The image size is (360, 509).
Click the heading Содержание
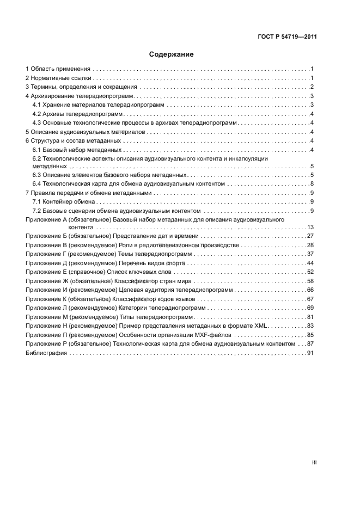coord(172,54)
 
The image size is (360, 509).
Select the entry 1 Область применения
coord(58,69)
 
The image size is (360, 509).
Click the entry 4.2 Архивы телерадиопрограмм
coord(77,114)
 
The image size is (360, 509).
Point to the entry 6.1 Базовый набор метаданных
coord(77,150)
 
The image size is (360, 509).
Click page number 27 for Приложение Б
coord(311,236)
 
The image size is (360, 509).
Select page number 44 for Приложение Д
coord(311,263)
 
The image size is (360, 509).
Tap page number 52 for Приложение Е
coord(311,272)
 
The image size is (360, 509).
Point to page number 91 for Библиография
coord(311,353)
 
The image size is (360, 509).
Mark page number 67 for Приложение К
coord(311,299)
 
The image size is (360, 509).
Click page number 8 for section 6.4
coord(313,185)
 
